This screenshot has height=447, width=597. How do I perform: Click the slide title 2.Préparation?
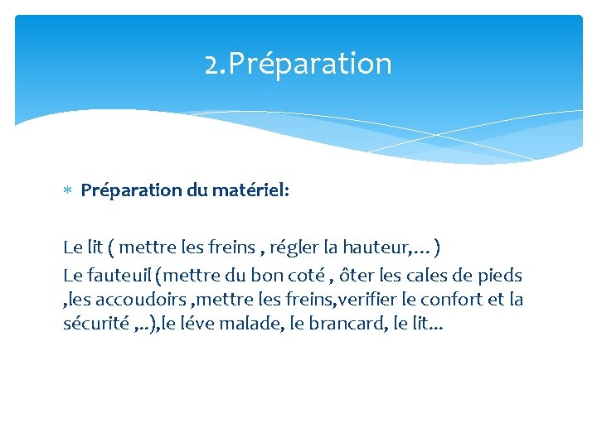click(298, 64)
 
